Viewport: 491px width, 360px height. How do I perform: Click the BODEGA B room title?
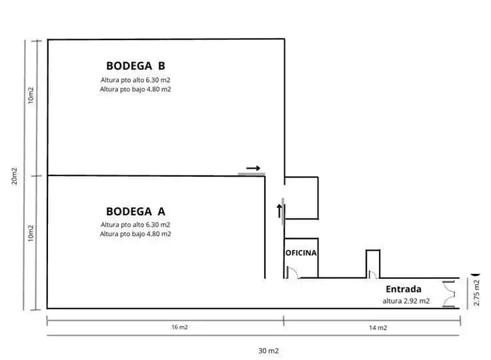coord(135,66)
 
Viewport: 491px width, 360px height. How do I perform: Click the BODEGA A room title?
coord(135,211)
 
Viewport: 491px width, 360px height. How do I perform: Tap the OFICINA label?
coord(301,253)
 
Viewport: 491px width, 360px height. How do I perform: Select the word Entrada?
coord(404,289)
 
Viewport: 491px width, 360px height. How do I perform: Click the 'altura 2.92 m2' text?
coord(406,301)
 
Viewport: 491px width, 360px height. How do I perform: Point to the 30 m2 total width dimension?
coord(268,351)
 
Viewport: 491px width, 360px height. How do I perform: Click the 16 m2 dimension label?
coord(179,327)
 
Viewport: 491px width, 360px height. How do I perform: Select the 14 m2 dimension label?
coord(378,328)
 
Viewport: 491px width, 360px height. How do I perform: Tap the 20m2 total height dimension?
coord(15,176)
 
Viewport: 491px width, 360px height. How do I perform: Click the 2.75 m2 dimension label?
coord(476,293)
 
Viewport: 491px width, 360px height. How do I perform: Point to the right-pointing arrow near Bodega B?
coord(253,168)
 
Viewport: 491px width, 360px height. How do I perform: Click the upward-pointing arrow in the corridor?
coord(280,211)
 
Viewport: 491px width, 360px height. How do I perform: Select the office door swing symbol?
coord(293,273)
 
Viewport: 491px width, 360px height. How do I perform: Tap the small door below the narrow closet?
coord(373,275)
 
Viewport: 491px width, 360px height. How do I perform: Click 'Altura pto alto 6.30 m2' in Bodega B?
coord(135,80)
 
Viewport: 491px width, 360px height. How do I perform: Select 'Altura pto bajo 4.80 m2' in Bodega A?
coord(135,234)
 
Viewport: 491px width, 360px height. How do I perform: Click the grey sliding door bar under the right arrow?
coord(252,174)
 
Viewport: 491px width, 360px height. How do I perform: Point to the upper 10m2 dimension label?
coord(31,95)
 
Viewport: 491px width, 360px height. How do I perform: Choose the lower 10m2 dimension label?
coord(31,233)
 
